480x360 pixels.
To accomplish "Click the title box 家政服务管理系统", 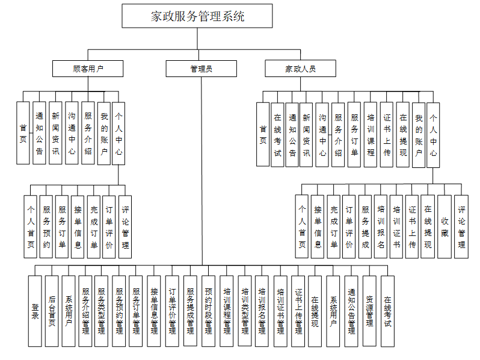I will point(198,16).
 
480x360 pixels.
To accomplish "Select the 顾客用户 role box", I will point(88,69).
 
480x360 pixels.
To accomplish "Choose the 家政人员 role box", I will point(300,69).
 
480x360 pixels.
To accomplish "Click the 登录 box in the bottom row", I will point(35,311).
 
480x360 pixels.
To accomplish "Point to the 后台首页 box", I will point(52,311).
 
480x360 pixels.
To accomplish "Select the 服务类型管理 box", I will point(103,311).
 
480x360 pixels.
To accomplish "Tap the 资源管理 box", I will point(369,311).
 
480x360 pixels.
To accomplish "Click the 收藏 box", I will point(445,226).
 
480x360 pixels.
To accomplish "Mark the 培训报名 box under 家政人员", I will point(381,226).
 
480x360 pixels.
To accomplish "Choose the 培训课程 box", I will point(371,134).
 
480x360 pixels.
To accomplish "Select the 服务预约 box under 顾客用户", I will point(46,226).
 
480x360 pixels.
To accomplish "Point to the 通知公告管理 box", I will point(352,311).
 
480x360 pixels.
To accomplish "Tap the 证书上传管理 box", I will point(298,311).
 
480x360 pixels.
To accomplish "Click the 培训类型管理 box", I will point(245,311).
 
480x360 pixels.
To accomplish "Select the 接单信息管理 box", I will point(155,311).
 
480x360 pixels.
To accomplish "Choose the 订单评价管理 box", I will point(173,311).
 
